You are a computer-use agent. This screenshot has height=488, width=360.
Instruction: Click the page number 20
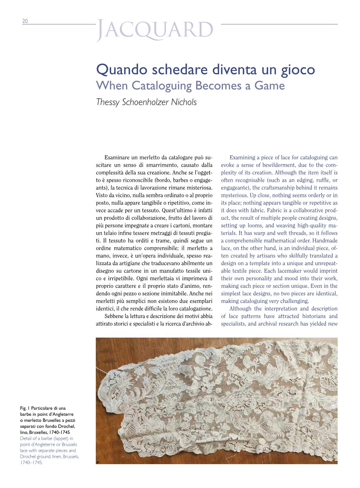25,21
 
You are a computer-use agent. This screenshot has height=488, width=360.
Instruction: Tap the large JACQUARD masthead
155,30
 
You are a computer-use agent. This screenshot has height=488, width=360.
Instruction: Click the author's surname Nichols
184,102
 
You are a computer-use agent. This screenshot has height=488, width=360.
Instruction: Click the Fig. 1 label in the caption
25,408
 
